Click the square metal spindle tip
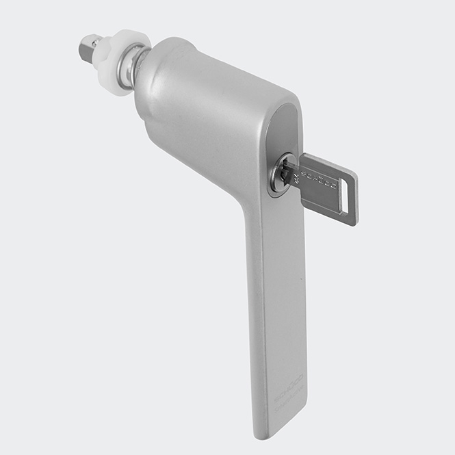[88, 47]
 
